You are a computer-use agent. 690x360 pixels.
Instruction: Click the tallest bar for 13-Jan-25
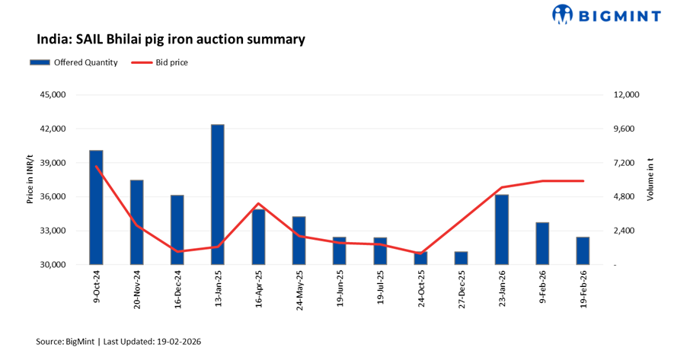[x=218, y=194]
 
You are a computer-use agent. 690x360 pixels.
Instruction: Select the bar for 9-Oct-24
[x=96, y=207]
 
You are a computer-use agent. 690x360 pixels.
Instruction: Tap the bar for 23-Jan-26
[x=501, y=229]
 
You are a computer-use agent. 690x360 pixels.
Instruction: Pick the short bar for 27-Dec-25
[x=461, y=258]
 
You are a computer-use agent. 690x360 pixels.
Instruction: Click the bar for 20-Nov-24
[x=136, y=222]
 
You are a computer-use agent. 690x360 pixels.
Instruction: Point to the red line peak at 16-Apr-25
[x=258, y=204]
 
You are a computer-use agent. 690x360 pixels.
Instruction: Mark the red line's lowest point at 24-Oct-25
[x=420, y=253]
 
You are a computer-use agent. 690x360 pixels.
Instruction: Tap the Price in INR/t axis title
[x=30, y=180]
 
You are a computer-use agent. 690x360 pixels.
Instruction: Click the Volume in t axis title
[x=650, y=180]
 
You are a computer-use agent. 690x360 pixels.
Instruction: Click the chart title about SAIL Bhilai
[x=171, y=38]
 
